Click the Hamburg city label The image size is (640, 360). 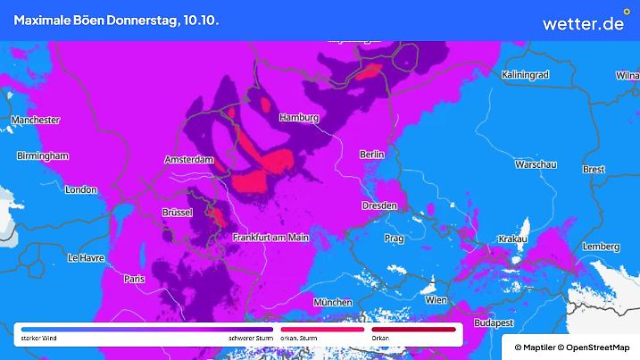pyautogui.click(x=299, y=118)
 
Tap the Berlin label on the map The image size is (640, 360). pyautogui.click(x=370, y=155)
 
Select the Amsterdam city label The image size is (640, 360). pyautogui.click(x=190, y=160)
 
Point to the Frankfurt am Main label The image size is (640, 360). pyautogui.click(x=270, y=238)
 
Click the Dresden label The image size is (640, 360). pyautogui.click(x=379, y=205)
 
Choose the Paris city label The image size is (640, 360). pyautogui.click(x=135, y=279)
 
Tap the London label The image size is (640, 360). pyautogui.click(x=80, y=189)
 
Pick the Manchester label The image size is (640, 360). pyautogui.click(x=35, y=120)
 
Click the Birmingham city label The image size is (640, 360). pyautogui.click(x=43, y=155)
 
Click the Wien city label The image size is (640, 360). pyautogui.click(x=436, y=300)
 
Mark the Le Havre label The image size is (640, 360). pyautogui.click(x=87, y=257)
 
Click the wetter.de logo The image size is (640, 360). pyautogui.click(x=583, y=22)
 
